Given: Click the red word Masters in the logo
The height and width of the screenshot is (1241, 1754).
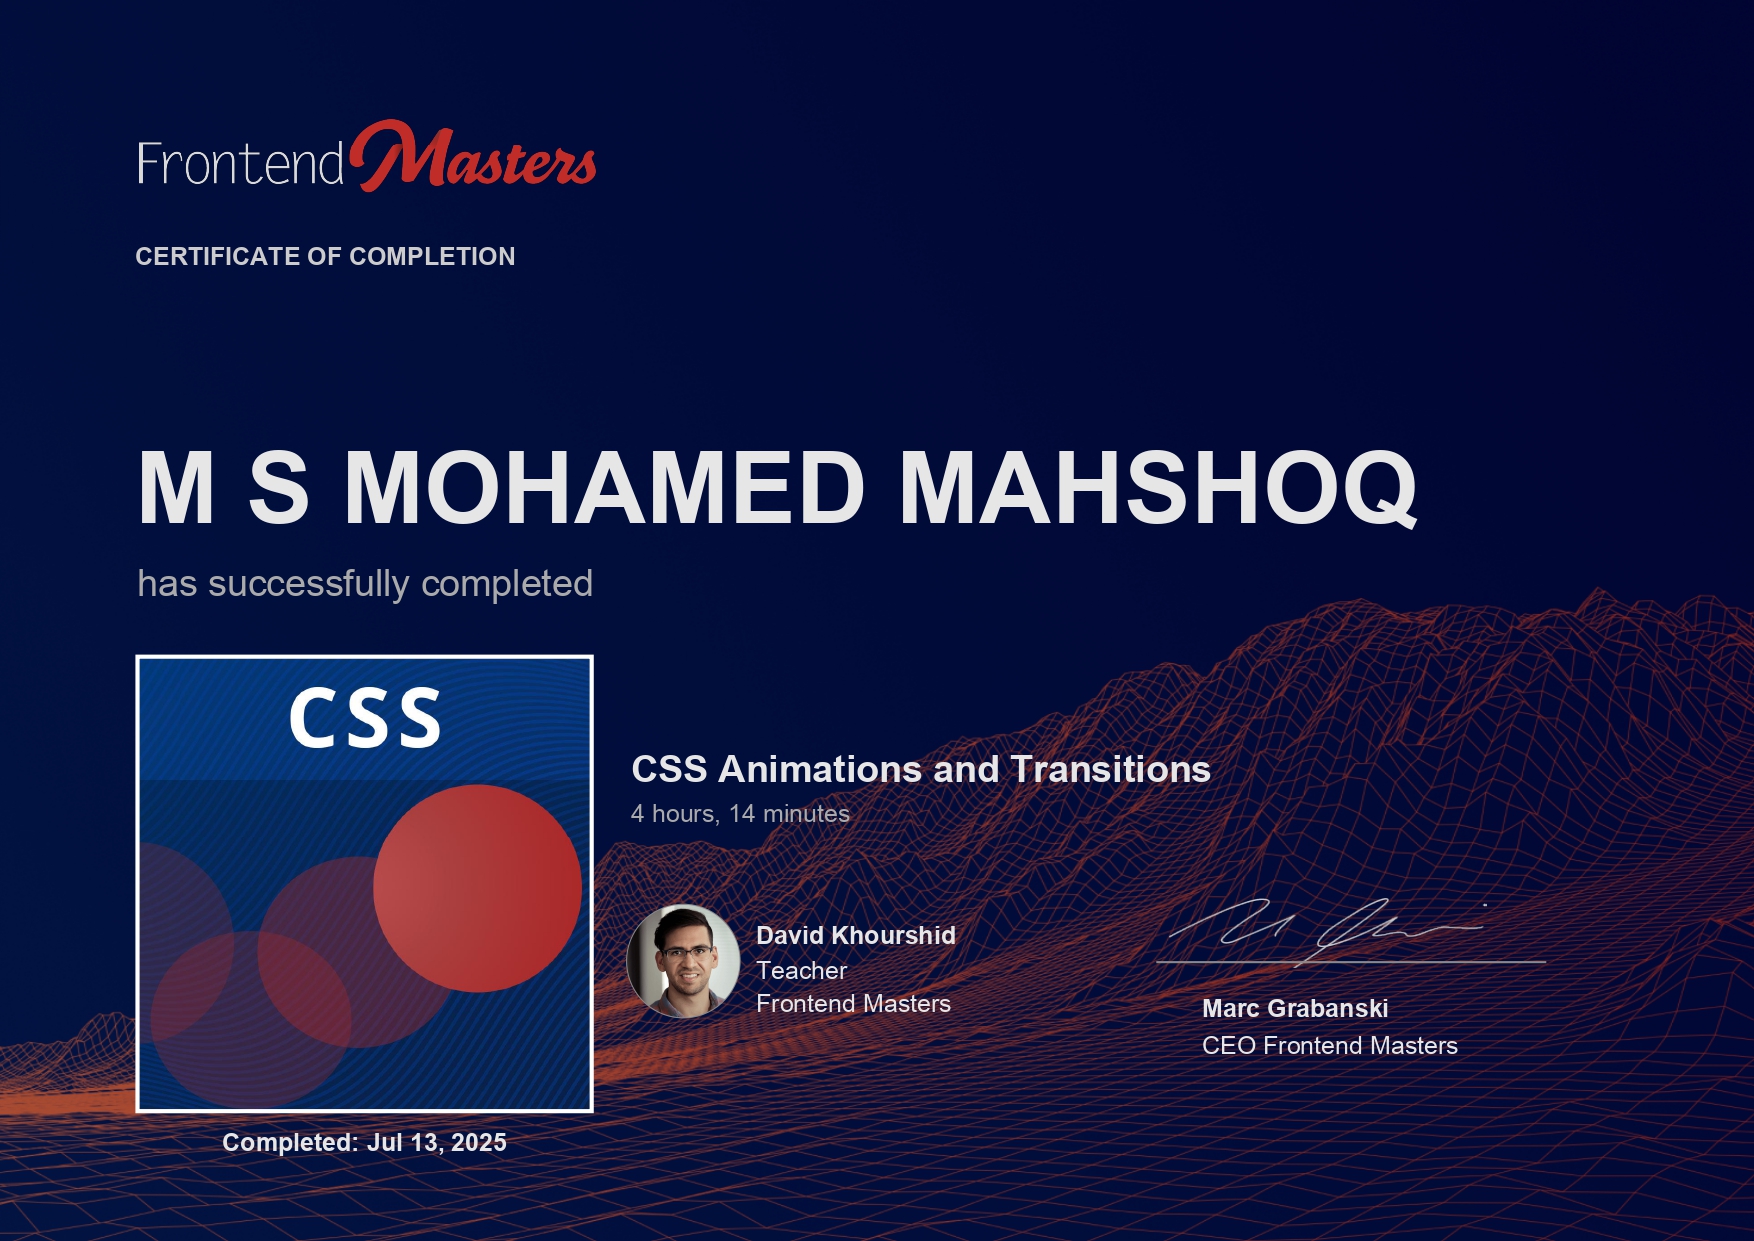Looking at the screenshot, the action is (x=473, y=157).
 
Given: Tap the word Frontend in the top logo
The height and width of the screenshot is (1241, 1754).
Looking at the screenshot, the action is (x=241, y=164).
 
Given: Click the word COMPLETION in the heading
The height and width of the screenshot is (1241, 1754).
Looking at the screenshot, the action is (x=432, y=257).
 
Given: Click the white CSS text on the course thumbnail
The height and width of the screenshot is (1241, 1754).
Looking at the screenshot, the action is (x=365, y=718).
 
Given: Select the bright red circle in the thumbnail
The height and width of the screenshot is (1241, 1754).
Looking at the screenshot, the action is (x=477, y=888).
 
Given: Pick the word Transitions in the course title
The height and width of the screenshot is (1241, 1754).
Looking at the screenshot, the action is (x=1110, y=770).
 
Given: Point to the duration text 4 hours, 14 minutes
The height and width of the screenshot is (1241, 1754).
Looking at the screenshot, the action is (x=740, y=814).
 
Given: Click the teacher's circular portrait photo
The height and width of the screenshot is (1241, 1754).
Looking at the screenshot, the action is (x=683, y=961).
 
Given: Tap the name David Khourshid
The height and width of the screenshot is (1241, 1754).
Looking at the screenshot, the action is (x=856, y=936).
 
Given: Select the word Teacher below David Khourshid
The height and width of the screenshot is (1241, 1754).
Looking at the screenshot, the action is (x=802, y=971).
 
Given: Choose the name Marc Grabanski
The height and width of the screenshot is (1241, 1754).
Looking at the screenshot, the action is (x=1295, y=1009).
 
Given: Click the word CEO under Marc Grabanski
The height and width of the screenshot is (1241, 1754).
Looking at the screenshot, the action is (x=1229, y=1046).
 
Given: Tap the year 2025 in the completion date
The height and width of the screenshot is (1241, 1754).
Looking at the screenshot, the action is (x=479, y=1143).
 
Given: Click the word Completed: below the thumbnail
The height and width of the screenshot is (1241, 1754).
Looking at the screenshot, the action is (x=290, y=1143).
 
